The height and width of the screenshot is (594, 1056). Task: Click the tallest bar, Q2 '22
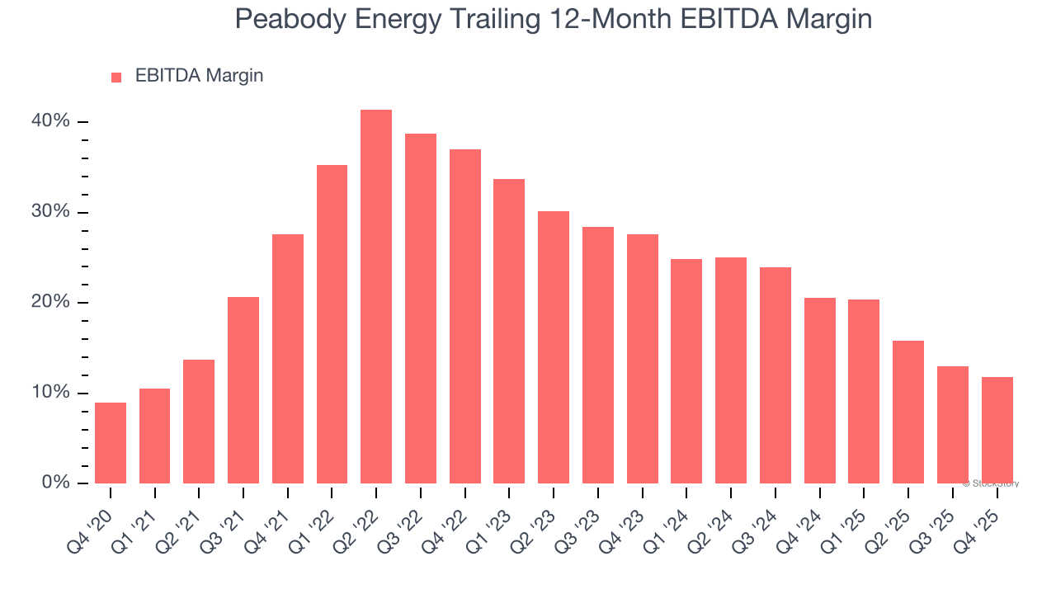pos(376,297)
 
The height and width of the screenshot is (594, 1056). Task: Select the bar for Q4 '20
pos(111,443)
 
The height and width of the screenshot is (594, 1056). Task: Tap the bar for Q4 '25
pos(997,430)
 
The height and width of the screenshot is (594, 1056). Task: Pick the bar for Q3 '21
pos(243,390)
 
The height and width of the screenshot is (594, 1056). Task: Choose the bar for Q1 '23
pos(509,331)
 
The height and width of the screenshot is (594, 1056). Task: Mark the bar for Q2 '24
pos(731,370)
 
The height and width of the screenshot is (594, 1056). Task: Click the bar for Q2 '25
pos(908,412)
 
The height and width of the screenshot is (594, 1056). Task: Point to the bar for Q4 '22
pos(464,316)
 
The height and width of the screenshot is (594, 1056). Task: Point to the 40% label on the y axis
pos(51,121)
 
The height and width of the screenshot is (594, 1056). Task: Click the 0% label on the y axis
pos(55,483)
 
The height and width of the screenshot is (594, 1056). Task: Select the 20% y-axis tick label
pos(51,302)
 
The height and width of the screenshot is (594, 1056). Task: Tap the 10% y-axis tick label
pos(51,393)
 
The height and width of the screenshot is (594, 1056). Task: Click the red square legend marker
pos(116,77)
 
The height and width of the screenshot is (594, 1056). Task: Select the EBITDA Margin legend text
pos(199,76)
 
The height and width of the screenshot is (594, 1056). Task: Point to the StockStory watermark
pos(991,483)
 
